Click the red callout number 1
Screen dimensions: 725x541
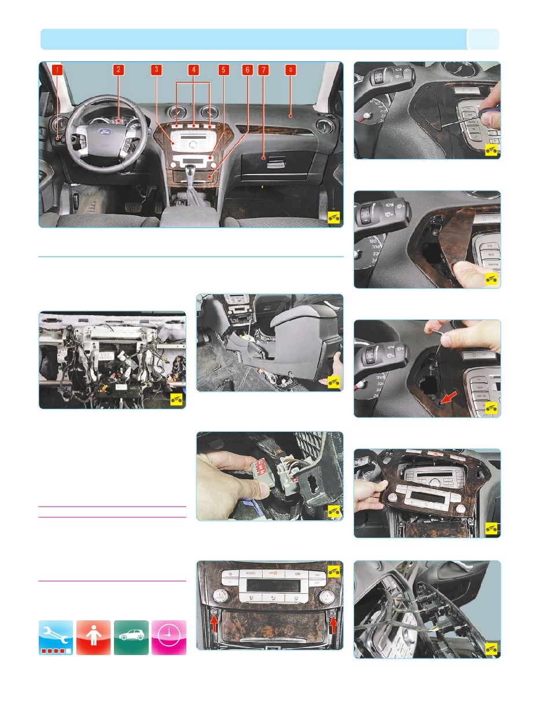(x=57, y=70)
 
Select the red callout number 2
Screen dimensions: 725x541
(x=118, y=70)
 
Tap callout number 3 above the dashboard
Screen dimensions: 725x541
(x=156, y=70)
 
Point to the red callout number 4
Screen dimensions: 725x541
(x=193, y=70)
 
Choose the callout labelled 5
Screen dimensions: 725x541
(x=223, y=70)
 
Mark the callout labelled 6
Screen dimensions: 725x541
(x=247, y=70)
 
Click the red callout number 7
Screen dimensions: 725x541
(x=263, y=70)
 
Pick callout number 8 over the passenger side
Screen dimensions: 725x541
(x=291, y=70)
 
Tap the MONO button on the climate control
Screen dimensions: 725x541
(x=251, y=573)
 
